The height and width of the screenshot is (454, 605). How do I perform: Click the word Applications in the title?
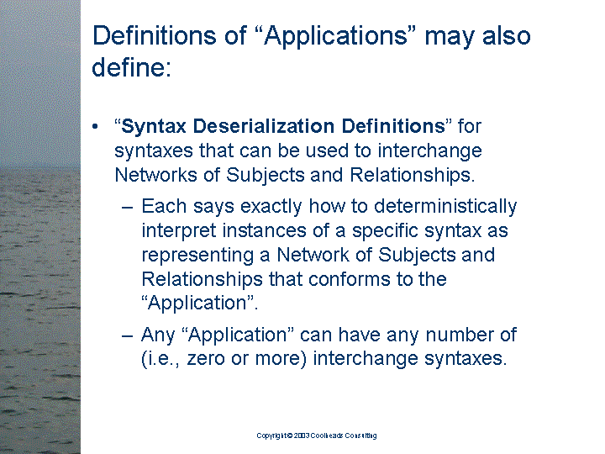(x=335, y=36)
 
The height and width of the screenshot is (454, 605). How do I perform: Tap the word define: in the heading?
(x=132, y=66)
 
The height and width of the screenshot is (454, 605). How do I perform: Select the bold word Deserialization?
(x=264, y=126)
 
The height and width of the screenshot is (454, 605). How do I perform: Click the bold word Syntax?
(x=154, y=127)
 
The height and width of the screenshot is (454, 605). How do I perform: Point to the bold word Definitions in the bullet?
(x=393, y=126)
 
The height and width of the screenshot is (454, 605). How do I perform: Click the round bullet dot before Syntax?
(x=95, y=127)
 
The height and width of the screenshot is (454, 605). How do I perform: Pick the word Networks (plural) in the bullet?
(x=156, y=175)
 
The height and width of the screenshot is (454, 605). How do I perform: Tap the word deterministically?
(x=445, y=207)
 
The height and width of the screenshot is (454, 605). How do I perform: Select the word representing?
(x=197, y=256)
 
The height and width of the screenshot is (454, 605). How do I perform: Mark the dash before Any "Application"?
(x=128, y=335)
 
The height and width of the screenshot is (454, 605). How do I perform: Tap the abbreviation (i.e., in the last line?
(x=160, y=359)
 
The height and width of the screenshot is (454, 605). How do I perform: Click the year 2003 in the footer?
(x=302, y=436)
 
